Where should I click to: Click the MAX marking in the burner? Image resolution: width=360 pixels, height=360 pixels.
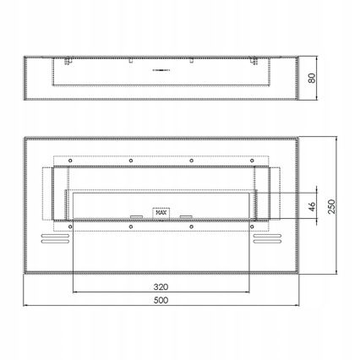[x=161, y=212]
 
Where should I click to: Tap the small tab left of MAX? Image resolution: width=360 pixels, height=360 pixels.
[x=136, y=215]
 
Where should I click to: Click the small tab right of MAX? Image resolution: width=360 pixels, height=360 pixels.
[x=186, y=215]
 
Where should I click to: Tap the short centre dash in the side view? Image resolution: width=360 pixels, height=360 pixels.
[x=160, y=69]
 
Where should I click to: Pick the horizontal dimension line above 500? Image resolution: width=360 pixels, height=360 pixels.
[x=160, y=305]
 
